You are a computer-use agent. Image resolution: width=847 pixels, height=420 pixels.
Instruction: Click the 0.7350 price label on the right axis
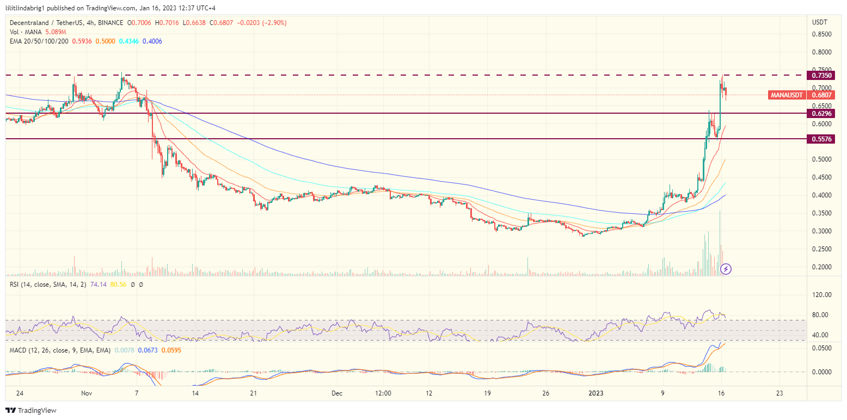[820, 75]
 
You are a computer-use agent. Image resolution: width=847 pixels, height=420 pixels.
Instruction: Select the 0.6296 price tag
[820, 114]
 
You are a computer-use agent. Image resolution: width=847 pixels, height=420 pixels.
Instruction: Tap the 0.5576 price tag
[820, 139]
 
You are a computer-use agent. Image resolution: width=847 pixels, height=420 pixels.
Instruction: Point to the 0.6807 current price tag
[820, 95]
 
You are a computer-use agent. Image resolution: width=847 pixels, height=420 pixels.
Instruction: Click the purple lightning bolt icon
[726, 269]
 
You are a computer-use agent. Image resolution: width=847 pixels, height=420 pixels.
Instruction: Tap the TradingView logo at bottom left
[31, 410]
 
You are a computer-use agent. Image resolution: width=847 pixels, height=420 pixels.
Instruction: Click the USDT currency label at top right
[819, 22]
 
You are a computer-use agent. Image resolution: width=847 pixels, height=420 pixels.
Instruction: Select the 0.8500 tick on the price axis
[821, 34]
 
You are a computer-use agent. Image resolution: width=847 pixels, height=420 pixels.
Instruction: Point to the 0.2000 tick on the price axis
[821, 267]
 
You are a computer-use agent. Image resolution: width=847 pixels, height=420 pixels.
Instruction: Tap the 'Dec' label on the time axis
[337, 393]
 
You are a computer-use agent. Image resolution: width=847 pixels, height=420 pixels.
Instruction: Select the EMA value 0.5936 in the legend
[82, 41]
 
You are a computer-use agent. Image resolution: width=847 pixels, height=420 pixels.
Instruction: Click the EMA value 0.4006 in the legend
[152, 41]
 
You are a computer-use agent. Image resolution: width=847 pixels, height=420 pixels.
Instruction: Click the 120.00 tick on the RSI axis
[821, 295]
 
